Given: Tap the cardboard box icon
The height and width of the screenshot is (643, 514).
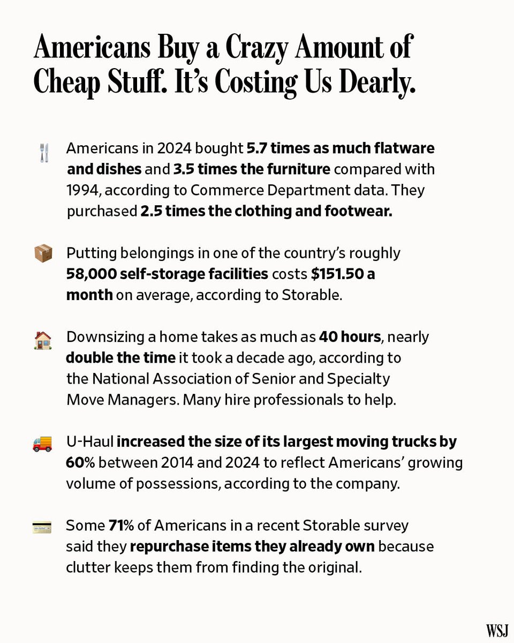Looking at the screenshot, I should (43, 253).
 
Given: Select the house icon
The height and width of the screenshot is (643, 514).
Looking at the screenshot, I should (43, 340).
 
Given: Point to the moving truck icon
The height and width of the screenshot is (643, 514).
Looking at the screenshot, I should (43, 444).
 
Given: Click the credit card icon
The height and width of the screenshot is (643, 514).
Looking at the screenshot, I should (43, 527).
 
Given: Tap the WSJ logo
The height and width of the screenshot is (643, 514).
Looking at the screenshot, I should (496, 630).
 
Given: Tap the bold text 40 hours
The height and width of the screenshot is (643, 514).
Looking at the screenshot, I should (350, 337).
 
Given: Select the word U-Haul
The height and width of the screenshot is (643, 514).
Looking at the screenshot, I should (89, 442).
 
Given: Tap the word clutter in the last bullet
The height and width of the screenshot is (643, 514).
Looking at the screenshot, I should (87, 567).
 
